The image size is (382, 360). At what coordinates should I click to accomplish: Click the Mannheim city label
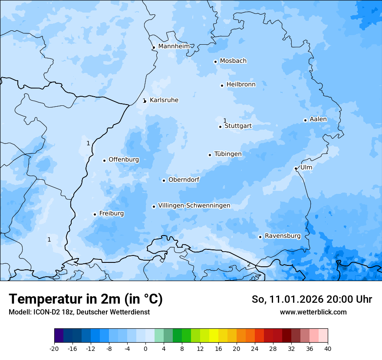pos(174,46)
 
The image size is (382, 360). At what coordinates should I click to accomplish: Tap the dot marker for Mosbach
pos(215,62)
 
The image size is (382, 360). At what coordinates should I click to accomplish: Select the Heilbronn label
pos(241,85)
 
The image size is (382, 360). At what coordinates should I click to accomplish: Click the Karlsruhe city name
pos(164,100)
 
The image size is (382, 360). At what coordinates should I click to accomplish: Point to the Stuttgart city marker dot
pos(220,127)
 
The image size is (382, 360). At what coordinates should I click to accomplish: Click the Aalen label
pos(318,119)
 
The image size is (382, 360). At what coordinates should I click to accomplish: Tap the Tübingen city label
pos(228,154)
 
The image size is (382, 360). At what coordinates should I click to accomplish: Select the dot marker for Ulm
pos(296,168)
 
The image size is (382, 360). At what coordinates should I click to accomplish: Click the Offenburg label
pos(124,160)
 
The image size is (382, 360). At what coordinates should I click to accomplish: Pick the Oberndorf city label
pos(184,180)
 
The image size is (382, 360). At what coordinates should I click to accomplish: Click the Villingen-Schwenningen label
pos(194,206)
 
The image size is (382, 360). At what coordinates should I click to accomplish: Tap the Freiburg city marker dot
pos(95,214)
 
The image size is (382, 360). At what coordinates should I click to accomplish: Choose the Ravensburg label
pos(283,236)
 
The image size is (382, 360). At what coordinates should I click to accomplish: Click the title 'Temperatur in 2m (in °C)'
pos(86,299)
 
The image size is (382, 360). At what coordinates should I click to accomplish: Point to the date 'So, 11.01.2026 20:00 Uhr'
pos(312,299)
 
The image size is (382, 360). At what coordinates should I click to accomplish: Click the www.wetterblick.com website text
pos(313,312)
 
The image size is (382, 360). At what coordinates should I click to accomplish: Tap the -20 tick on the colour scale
pos(54,348)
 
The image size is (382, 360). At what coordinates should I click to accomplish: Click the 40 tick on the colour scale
pos(328,348)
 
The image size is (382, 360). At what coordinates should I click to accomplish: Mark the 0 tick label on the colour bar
pos(145,348)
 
